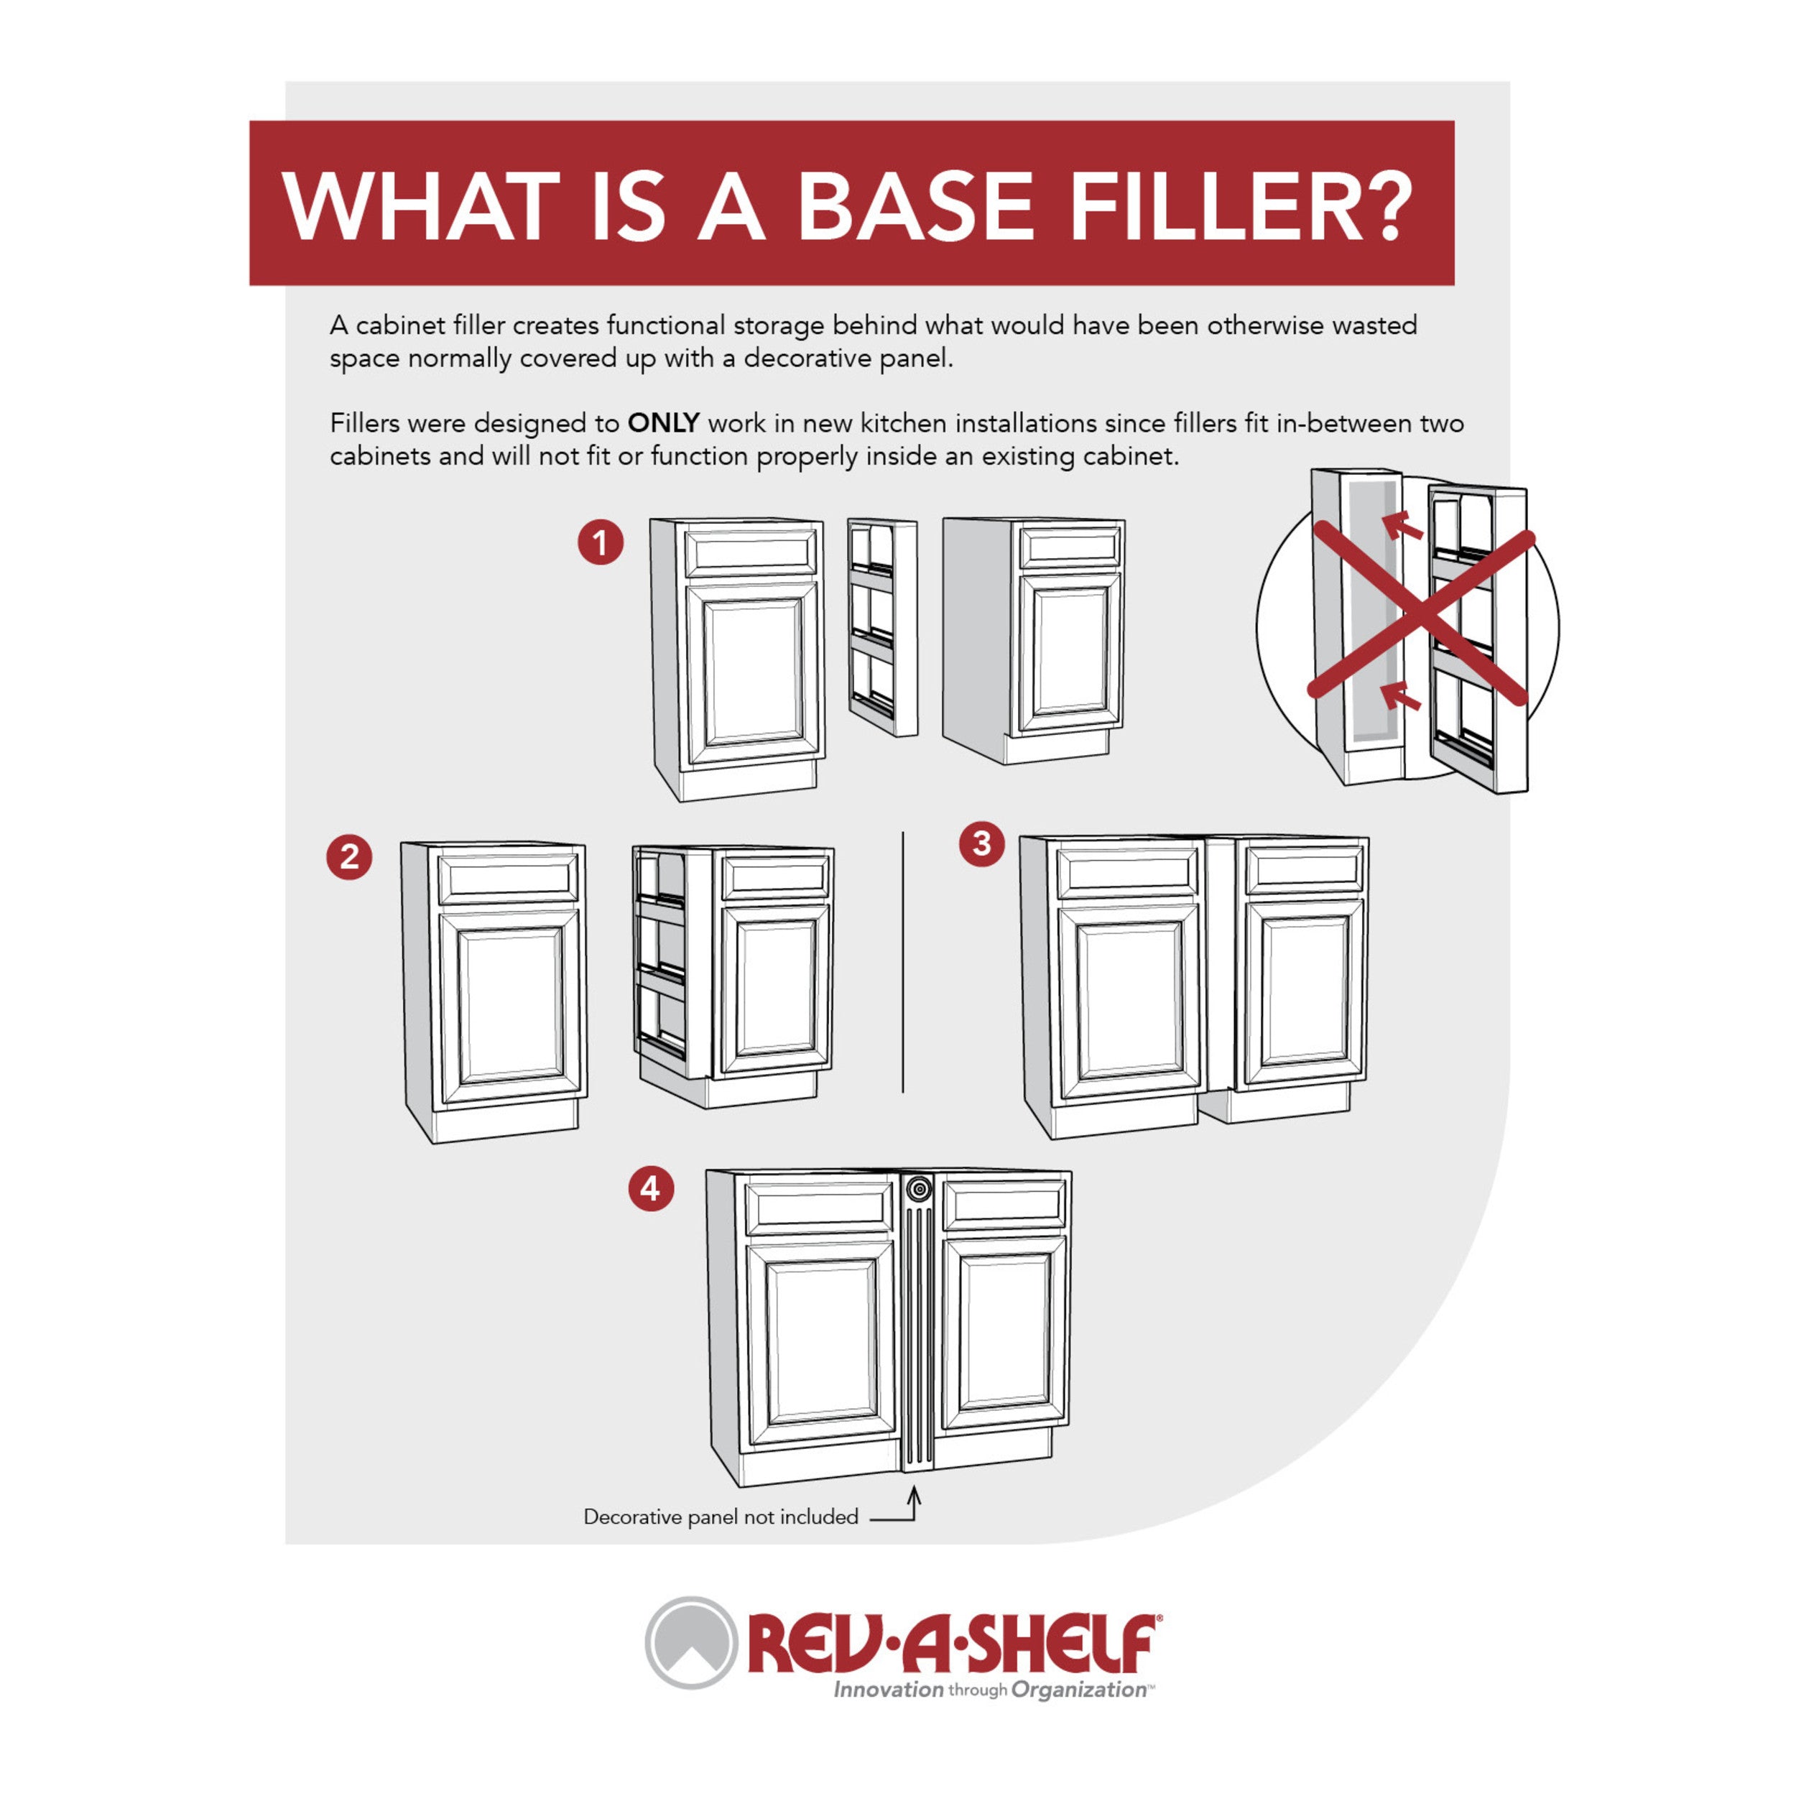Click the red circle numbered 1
click(601, 542)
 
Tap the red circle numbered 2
click(348, 856)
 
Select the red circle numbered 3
click(981, 843)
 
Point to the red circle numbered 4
click(651, 1188)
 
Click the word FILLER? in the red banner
click(1241, 205)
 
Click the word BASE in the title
click(916, 205)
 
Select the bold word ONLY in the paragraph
click(663, 423)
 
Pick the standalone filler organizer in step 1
click(882, 627)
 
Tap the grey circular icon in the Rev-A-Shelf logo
click(690, 1642)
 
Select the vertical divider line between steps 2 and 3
click(902, 962)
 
